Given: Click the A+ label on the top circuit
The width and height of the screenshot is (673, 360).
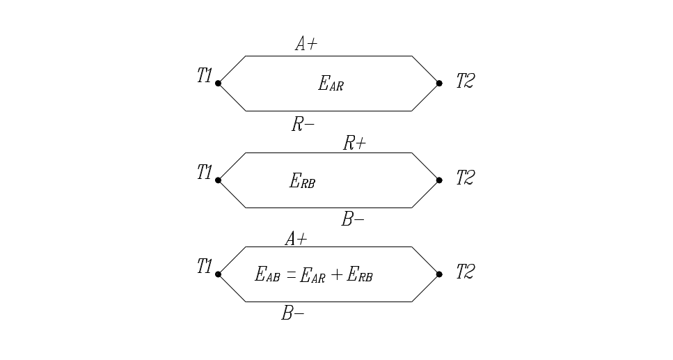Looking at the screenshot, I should (x=306, y=44).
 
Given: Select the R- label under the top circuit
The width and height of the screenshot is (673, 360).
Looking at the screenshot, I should (x=303, y=125).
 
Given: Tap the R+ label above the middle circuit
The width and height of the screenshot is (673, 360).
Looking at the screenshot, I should (x=354, y=143).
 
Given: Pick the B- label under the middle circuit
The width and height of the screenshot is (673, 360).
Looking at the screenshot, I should (x=353, y=219).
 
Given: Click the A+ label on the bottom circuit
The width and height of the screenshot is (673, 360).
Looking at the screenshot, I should (x=296, y=239).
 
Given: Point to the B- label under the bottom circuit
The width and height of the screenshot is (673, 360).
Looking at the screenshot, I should (x=292, y=313).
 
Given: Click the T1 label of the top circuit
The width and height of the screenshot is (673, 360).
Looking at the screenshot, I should (x=205, y=76).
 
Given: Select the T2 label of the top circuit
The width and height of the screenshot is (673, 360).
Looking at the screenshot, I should (x=465, y=81).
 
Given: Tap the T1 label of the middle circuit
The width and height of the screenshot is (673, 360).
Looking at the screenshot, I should (x=205, y=172).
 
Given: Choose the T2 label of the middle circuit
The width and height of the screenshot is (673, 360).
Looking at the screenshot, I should (x=465, y=178).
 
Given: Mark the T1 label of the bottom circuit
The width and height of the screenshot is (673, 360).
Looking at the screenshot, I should (x=205, y=266).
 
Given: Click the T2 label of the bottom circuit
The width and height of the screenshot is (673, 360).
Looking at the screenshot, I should (x=465, y=272).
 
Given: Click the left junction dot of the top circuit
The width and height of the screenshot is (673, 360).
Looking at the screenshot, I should (x=218, y=84).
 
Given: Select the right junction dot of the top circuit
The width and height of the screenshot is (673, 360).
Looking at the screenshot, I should (x=439, y=84).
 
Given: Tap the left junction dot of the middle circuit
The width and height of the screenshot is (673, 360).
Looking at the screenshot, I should (x=218, y=180).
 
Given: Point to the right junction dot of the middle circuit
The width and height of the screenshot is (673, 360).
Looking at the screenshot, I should (x=439, y=180).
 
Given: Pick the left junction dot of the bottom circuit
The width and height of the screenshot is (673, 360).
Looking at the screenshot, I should (x=218, y=274).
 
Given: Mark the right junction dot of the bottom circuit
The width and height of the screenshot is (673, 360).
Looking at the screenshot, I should (x=439, y=274).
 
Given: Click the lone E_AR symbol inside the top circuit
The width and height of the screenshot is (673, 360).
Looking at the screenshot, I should (x=331, y=84).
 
